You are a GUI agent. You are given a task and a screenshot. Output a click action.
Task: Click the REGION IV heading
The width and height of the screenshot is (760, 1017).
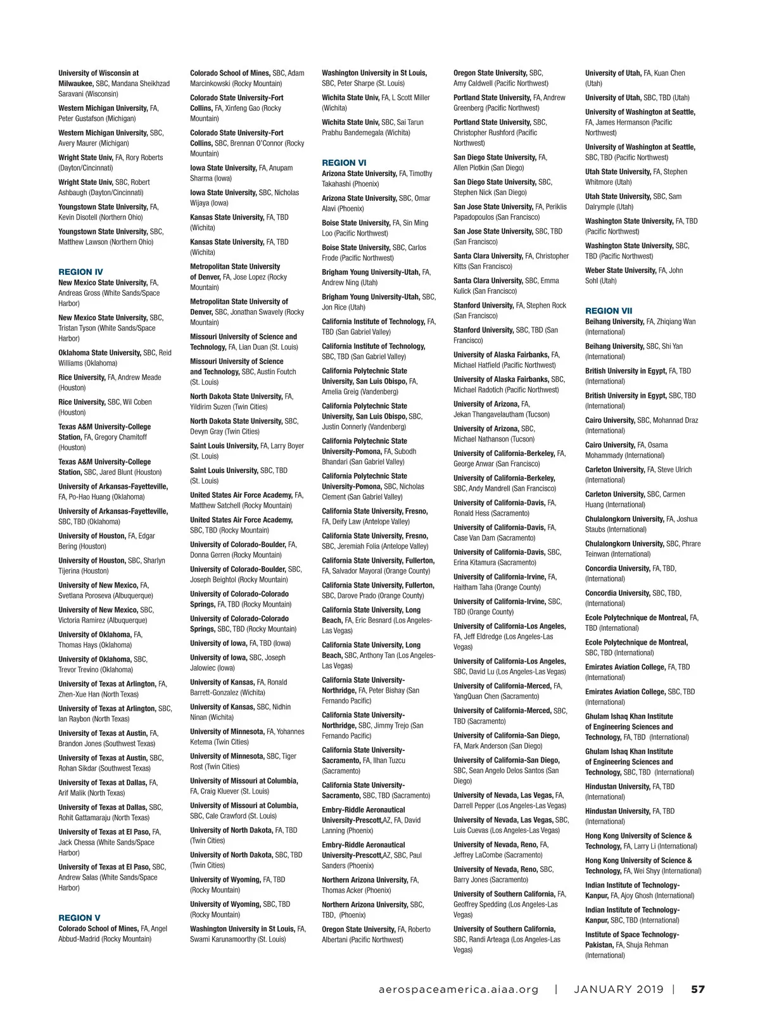(x=80, y=272)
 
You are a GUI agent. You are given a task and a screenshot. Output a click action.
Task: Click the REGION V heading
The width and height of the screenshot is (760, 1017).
(x=79, y=918)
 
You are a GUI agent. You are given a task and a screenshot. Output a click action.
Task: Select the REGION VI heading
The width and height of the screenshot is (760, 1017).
(x=344, y=163)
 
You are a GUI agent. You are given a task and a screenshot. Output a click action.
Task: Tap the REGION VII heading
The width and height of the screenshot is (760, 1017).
(x=609, y=311)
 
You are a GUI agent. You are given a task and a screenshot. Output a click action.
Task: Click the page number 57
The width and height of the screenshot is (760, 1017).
(x=697, y=989)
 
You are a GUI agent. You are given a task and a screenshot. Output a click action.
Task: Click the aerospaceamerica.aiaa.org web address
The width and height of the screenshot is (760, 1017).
(x=458, y=989)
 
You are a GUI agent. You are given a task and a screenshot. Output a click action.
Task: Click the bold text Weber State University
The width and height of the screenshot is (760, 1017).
(x=620, y=270)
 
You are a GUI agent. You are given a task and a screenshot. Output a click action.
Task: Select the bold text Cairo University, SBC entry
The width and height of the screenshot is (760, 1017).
(x=610, y=420)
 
